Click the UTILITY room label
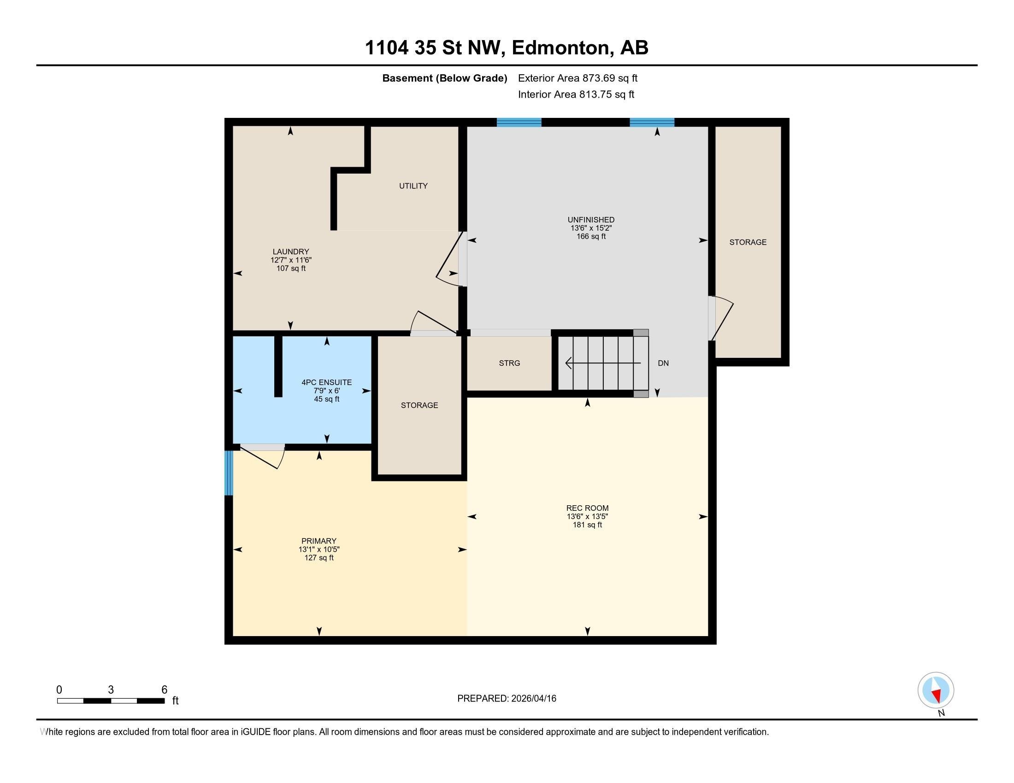(x=413, y=186)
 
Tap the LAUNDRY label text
(x=291, y=252)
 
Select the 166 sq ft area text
(x=590, y=237)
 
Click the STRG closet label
(x=509, y=363)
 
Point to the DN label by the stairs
(x=663, y=363)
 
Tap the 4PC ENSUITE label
(x=326, y=383)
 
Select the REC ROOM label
(x=587, y=508)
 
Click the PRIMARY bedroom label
(x=318, y=541)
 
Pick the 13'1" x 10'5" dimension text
(x=318, y=549)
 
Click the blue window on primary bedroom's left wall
(x=229, y=473)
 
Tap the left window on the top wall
(x=519, y=123)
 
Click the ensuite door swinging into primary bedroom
(x=263, y=457)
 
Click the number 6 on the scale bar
(x=164, y=690)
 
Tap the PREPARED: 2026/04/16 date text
(x=507, y=699)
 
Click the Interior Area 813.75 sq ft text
(x=576, y=94)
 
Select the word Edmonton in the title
(x=560, y=48)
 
